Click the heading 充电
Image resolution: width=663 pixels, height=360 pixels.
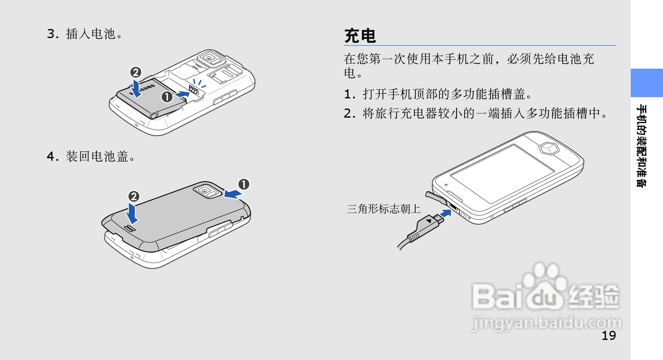[360, 36]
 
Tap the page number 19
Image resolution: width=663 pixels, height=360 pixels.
[609, 336]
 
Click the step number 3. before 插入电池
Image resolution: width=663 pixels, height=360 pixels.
[53, 34]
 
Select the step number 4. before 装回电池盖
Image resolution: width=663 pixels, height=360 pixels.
[53, 157]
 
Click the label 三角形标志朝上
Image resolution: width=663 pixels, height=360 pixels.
[383, 209]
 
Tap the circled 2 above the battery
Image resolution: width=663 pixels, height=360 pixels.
[136, 72]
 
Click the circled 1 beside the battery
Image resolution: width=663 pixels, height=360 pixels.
[167, 97]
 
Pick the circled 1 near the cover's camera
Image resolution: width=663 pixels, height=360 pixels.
[244, 184]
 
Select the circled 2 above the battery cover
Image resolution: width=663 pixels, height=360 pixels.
[134, 196]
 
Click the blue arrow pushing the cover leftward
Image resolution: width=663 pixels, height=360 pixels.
[233, 193]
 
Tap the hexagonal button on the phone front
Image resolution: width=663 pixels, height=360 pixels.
[549, 149]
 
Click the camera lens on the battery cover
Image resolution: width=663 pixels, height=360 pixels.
[204, 191]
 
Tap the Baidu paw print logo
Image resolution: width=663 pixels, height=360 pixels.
[544, 285]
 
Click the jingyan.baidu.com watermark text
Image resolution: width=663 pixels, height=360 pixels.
[546, 323]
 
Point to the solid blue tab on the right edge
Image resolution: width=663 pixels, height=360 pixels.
[647, 83]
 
